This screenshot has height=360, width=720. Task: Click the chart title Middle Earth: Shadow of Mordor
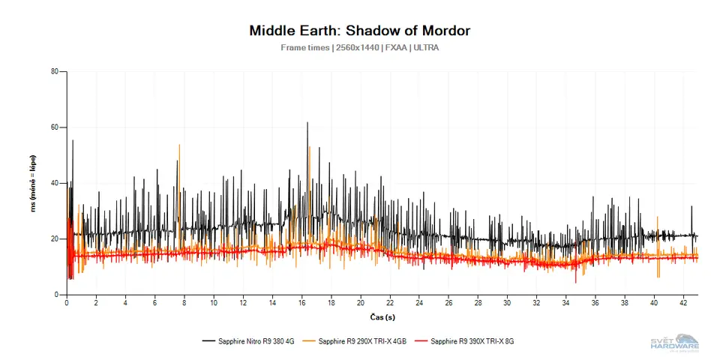360,31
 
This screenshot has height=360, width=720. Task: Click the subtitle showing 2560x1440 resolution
360,47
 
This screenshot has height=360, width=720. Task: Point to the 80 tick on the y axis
54,72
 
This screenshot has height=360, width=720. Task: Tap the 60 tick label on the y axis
54,127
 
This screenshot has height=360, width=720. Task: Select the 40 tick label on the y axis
54,183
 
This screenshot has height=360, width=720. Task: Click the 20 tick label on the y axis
54,238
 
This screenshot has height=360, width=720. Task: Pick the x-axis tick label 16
301,303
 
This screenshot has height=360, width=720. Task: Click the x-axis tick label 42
683,303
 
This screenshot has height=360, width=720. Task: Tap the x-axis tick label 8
184,303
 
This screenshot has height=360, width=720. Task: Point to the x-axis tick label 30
507,303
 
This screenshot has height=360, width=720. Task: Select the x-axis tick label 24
419,303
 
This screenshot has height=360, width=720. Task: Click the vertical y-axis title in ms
34,183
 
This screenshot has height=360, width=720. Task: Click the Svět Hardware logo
674,341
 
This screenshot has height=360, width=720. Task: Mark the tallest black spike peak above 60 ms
307,123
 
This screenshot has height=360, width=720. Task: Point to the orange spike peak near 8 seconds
179,145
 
